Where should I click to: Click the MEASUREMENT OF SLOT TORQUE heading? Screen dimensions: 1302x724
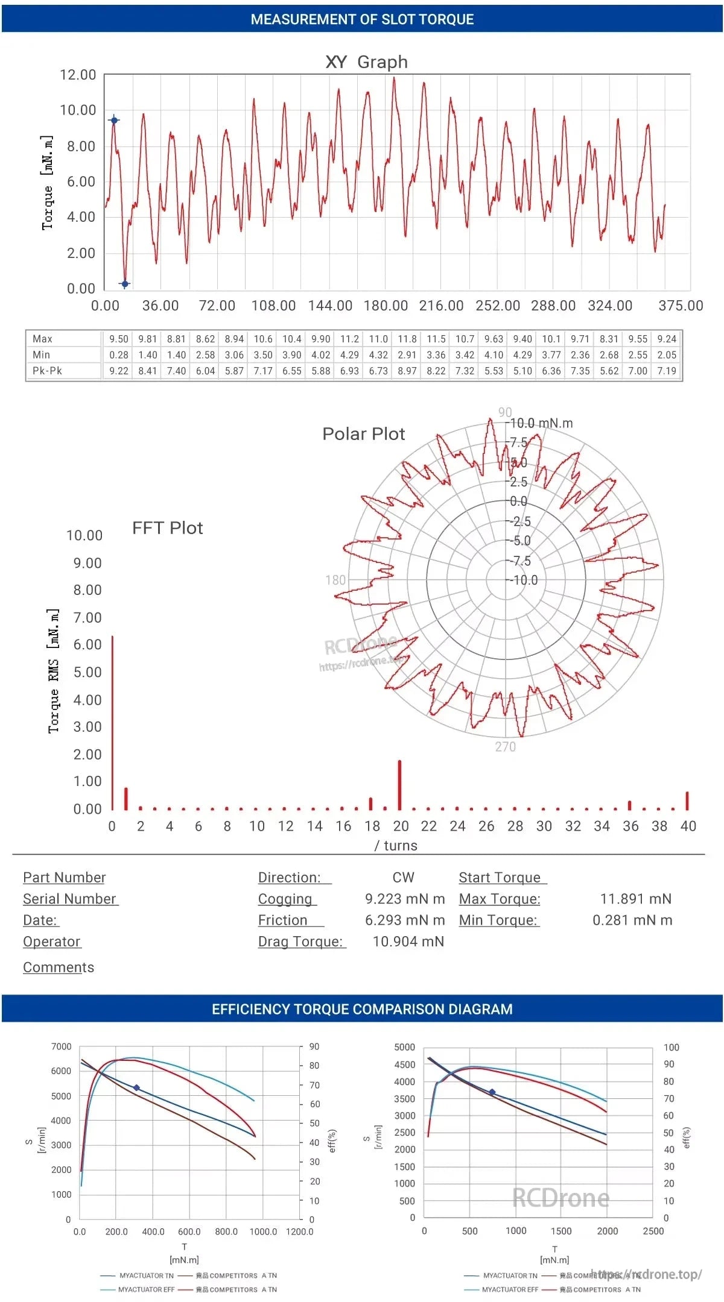coord(362,19)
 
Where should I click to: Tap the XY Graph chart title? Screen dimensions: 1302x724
coord(366,62)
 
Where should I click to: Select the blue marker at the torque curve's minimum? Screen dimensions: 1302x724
coord(125,284)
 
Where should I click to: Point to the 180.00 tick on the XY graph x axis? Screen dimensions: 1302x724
coord(386,306)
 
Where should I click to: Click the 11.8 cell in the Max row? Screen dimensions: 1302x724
coord(407,339)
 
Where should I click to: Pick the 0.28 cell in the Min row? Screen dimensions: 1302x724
coord(119,355)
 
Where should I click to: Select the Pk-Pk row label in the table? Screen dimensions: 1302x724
coord(47,371)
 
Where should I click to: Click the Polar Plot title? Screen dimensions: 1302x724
coord(363,434)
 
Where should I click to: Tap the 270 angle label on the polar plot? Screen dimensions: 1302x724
coord(506,747)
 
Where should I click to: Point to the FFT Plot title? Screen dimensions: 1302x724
coord(167,528)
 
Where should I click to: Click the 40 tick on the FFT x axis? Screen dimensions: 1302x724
coord(688,826)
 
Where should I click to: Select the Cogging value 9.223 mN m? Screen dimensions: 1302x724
coord(405,899)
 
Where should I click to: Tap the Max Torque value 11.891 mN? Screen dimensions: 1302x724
coord(635,899)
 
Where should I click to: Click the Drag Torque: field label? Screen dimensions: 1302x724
coord(300,942)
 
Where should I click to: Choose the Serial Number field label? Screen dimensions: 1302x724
coord(69,899)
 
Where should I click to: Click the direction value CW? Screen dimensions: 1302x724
coord(403,878)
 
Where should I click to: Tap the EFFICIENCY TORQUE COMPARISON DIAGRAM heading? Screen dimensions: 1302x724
coord(362,1009)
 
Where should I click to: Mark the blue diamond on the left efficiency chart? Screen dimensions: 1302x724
coord(136,1088)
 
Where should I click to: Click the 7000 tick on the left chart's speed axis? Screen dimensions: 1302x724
coord(62,1047)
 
